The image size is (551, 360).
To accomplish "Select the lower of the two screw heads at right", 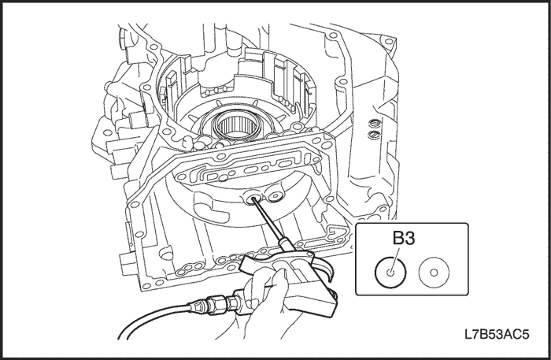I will coord(375,135).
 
